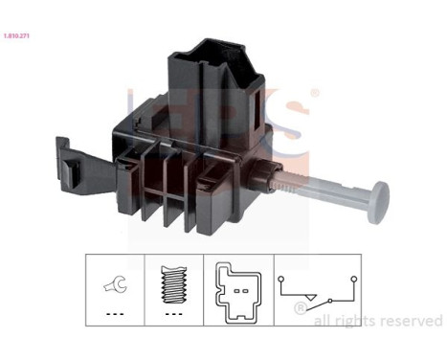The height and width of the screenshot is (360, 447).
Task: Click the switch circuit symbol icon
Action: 316,287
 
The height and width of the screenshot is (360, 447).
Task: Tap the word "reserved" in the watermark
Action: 411,321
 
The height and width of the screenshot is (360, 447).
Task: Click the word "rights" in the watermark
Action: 354,321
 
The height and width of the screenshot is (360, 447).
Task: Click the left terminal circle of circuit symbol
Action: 282,280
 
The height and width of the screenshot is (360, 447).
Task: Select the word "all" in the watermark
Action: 323,321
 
